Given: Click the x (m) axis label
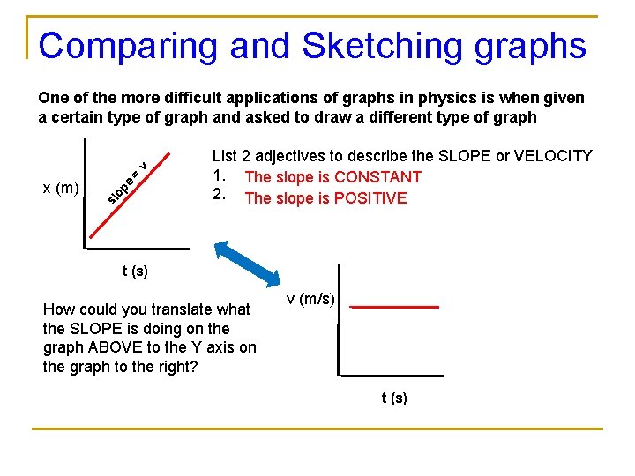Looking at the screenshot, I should pos(62,187).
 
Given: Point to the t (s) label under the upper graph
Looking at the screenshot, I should pos(135,271).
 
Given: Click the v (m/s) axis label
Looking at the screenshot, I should pos(311,300).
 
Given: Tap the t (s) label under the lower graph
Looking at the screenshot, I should pos(394,398).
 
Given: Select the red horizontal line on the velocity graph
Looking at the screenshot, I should pos(394,307).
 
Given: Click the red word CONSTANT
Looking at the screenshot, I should pos(377,177).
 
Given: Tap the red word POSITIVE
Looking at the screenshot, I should pos(370,198).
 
